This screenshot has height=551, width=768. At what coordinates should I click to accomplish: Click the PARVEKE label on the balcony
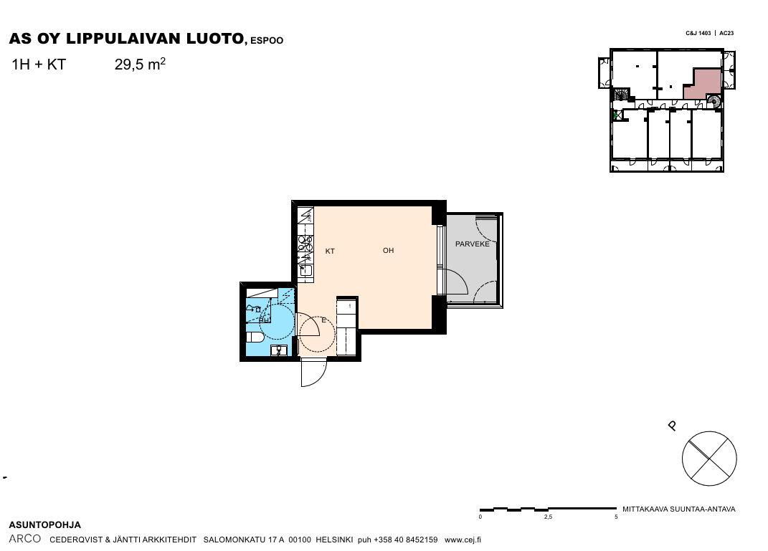pyautogui.click(x=472, y=244)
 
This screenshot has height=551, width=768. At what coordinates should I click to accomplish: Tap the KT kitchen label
pyautogui.click(x=330, y=251)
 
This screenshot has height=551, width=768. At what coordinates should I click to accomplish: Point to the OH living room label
pyautogui.click(x=389, y=251)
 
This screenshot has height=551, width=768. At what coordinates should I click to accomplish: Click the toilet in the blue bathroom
pyautogui.click(x=255, y=337)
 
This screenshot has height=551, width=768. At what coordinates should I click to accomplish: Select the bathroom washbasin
pyautogui.click(x=280, y=350)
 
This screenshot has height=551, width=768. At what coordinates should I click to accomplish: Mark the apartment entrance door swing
pyautogui.click(x=313, y=373)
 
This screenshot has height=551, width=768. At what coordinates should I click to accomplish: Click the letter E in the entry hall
pyautogui.click(x=323, y=320)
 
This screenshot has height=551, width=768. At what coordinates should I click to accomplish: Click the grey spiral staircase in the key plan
pyautogui.click(x=714, y=101)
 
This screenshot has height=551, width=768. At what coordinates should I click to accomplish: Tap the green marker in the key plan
pyautogui.click(x=615, y=115)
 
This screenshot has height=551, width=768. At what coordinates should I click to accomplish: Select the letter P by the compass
pyautogui.click(x=673, y=426)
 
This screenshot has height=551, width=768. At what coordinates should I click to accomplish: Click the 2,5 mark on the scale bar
pyautogui.click(x=548, y=517)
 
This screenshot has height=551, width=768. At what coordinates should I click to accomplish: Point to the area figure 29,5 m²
pyautogui.click(x=140, y=64)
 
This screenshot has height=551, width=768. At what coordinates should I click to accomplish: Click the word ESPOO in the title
pyautogui.click(x=267, y=41)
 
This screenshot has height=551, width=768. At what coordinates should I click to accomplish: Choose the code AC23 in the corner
pyautogui.click(x=726, y=33)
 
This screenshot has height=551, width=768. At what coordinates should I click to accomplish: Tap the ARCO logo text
pyautogui.click(x=25, y=539)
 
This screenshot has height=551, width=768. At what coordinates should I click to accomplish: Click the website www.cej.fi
pyautogui.click(x=463, y=540)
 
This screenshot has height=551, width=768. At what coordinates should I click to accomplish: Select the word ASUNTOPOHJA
pyautogui.click(x=45, y=525)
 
